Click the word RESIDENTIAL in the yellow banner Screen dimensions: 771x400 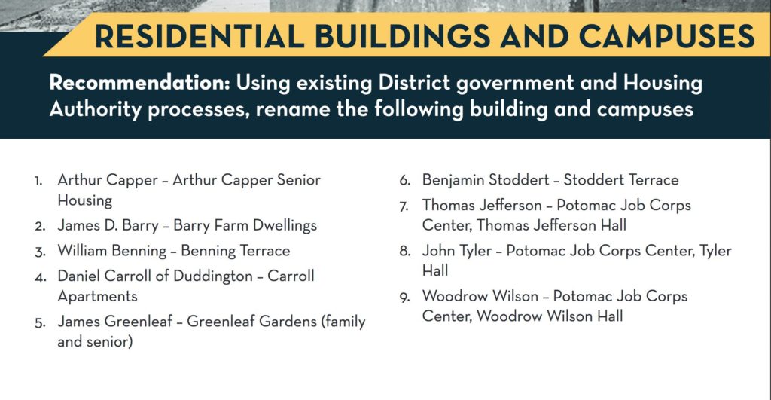[x=199, y=36]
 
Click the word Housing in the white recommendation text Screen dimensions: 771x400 [x=663, y=84]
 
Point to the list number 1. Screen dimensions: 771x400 [x=38, y=181]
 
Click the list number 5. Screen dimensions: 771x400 [x=40, y=323]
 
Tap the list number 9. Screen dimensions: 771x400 [x=404, y=298]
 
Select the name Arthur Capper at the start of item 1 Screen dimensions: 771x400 [x=108, y=180]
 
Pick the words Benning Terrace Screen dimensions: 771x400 [x=236, y=251]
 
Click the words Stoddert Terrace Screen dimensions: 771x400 [x=621, y=179]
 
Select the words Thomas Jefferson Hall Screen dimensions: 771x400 [x=551, y=225]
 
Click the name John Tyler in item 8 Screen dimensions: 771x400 [x=457, y=251]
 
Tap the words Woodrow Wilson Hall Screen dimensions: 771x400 [x=550, y=316]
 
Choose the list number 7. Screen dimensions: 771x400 [x=404, y=206]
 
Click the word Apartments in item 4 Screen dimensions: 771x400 [x=97, y=297]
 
